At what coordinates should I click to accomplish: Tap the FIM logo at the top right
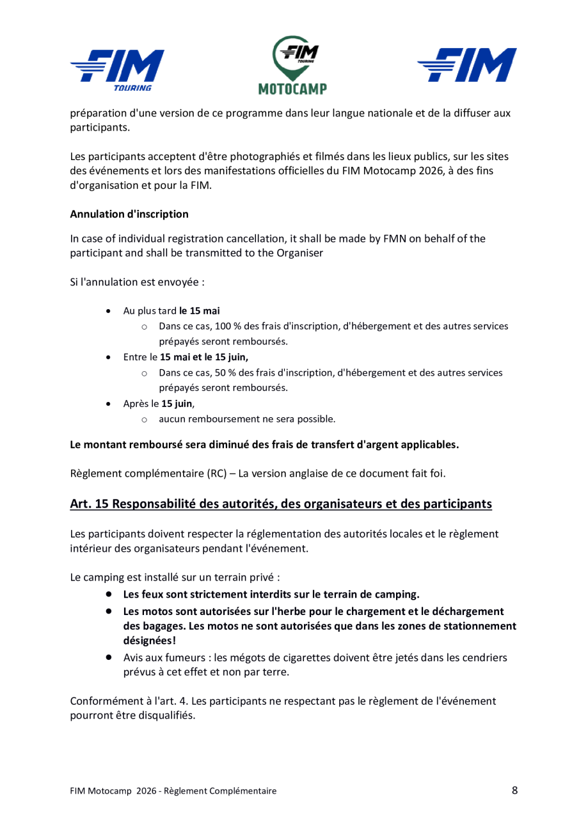tap(466, 64)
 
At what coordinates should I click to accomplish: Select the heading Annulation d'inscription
tap(129, 214)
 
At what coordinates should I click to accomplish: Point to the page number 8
tap(515, 790)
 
